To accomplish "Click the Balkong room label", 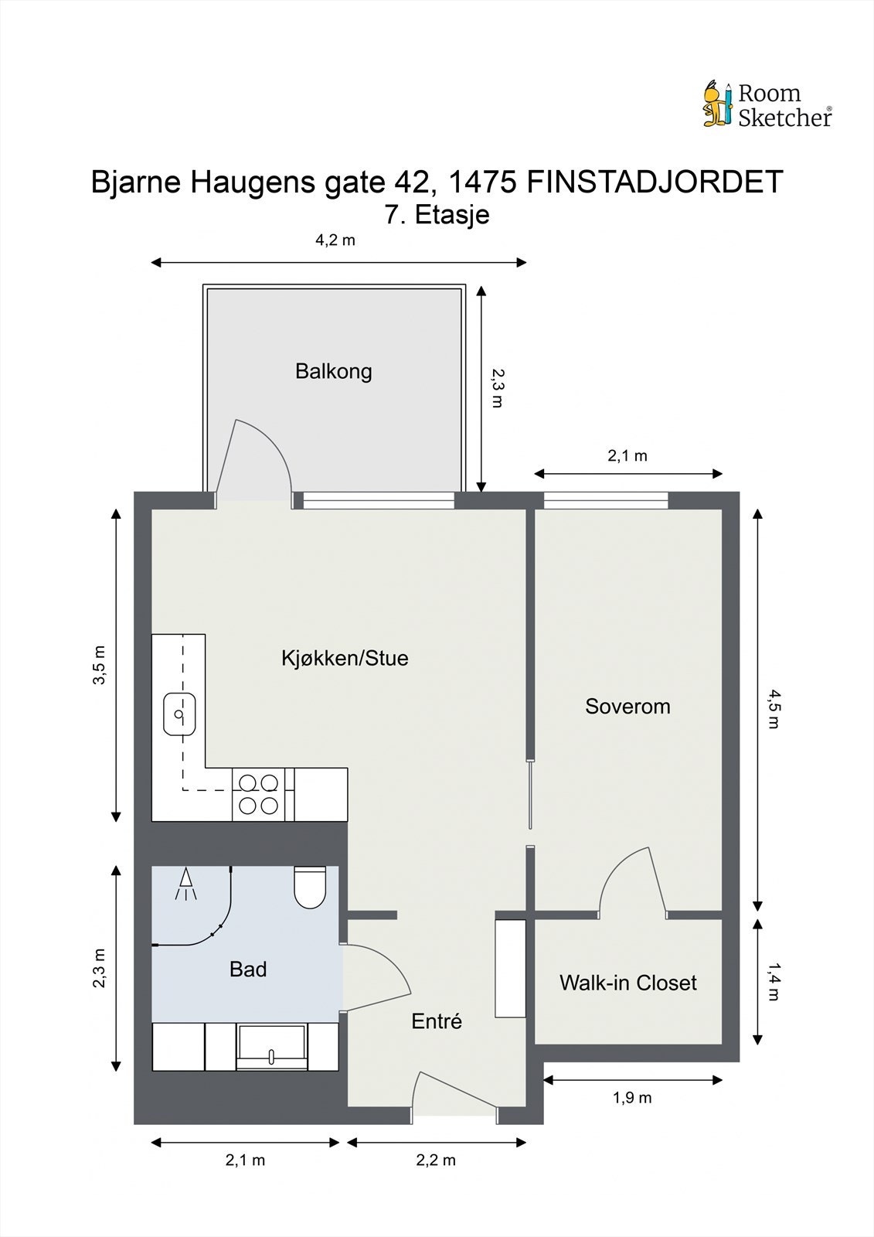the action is (334, 371).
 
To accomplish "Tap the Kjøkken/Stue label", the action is (345, 658).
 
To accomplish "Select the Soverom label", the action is (627, 706).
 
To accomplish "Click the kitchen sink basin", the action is (179, 714).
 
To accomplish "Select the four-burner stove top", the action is (258, 794).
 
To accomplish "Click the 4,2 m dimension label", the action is (335, 240).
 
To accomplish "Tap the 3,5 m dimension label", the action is (100, 665).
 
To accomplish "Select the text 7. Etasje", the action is (437, 215).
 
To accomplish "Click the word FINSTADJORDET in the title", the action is (655, 181).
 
